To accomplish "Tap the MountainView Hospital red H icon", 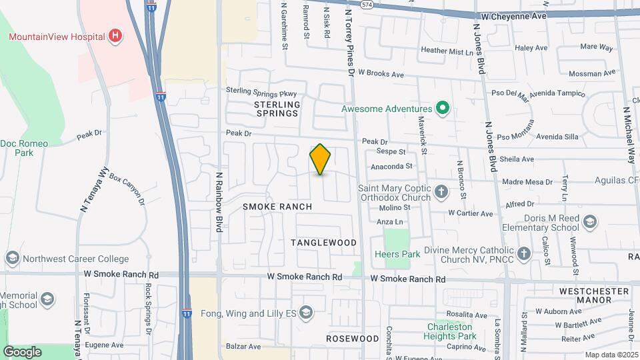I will (116, 35).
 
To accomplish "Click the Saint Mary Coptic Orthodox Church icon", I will (441, 193).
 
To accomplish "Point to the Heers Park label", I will (397, 254).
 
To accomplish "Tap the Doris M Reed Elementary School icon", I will (589, 222).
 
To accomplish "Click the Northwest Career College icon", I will (12, 258).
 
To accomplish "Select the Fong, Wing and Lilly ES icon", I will (305, 313).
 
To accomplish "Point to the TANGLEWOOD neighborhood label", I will (324, 243).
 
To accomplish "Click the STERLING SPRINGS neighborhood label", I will (277, 109).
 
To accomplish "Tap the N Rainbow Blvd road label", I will (219, 202).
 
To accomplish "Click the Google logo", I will (22, 351).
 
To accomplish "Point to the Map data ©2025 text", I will (611, 355).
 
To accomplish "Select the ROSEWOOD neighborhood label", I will (353, 339).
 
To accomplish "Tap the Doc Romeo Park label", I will (25, 148).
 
